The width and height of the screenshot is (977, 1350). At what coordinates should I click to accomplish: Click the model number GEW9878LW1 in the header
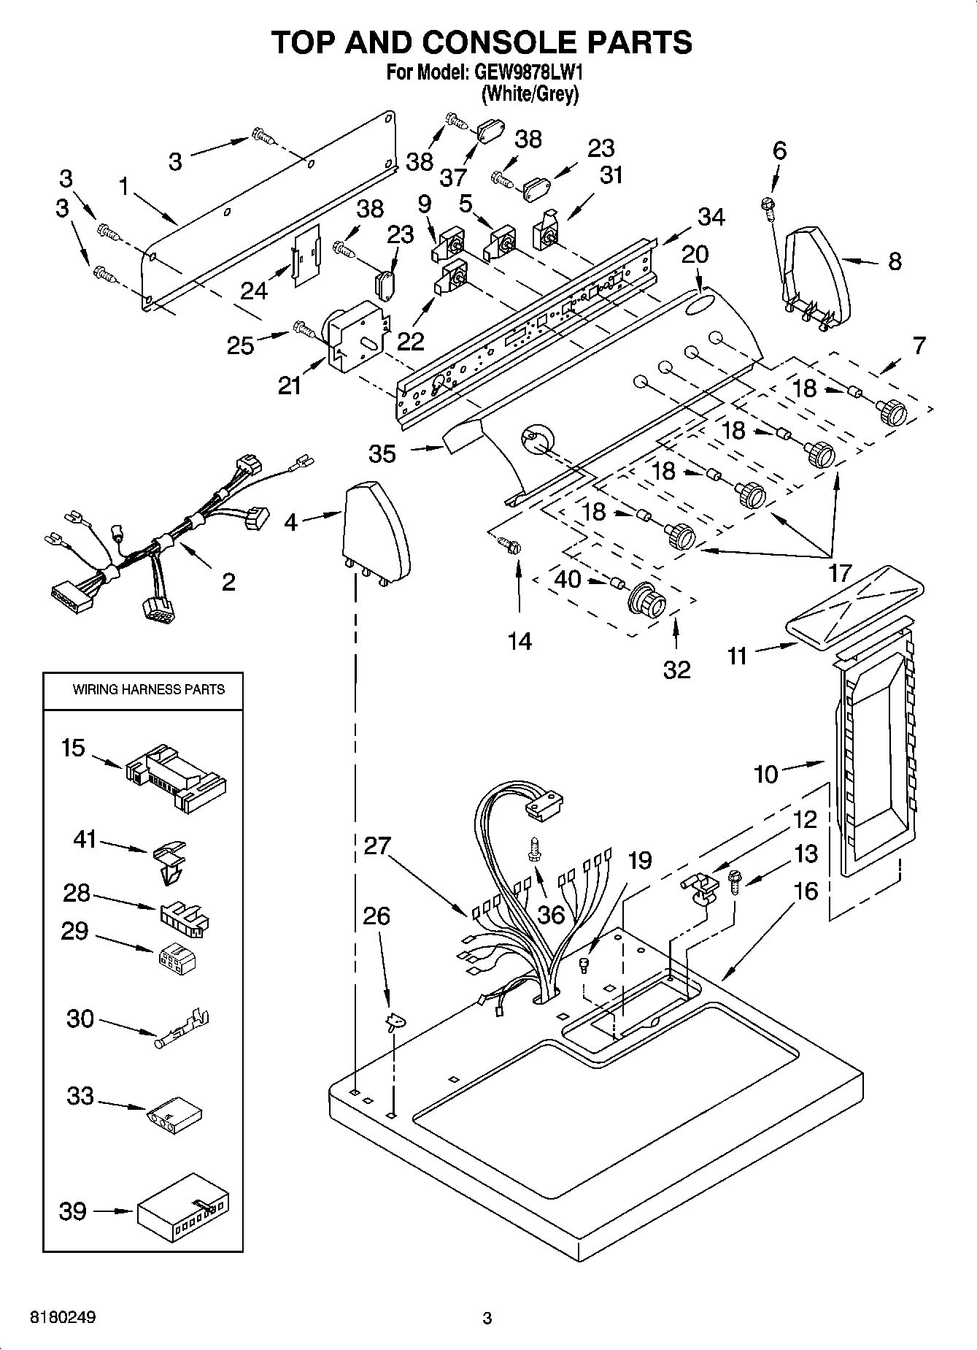coord(523,72)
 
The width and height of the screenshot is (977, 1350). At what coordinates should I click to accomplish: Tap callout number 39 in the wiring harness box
coord(73,1211)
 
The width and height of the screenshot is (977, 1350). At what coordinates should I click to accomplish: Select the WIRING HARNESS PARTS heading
coord(148,689)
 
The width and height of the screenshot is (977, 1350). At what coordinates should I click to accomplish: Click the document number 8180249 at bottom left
coord(63,1318)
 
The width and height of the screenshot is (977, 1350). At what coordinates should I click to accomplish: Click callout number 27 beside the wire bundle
coord(378,846)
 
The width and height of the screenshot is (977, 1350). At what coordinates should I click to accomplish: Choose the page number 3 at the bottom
coord(487,1318)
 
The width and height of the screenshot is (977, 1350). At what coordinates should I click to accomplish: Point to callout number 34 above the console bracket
coord(711,217)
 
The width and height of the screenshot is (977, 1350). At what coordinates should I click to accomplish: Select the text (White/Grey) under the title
coord(530,93)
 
